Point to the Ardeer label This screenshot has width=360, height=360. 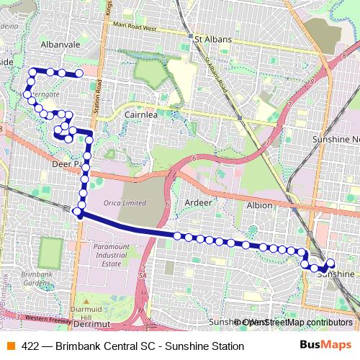(x=199, y=202)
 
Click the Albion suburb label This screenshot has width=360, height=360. (x=259, y=205)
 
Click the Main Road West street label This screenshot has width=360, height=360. (x=130, y=27)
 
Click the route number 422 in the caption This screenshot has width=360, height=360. (x=30, y=346)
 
